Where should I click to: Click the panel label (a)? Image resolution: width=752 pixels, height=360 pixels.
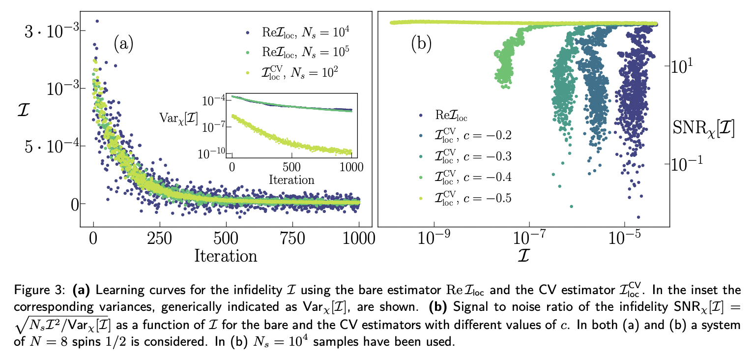(x=123, y=44)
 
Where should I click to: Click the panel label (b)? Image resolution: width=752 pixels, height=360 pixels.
(x=421, y=44)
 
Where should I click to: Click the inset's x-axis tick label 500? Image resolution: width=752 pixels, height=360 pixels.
(x=291, y=166)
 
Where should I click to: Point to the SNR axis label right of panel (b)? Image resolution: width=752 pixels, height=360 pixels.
(x=703, y=129)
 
